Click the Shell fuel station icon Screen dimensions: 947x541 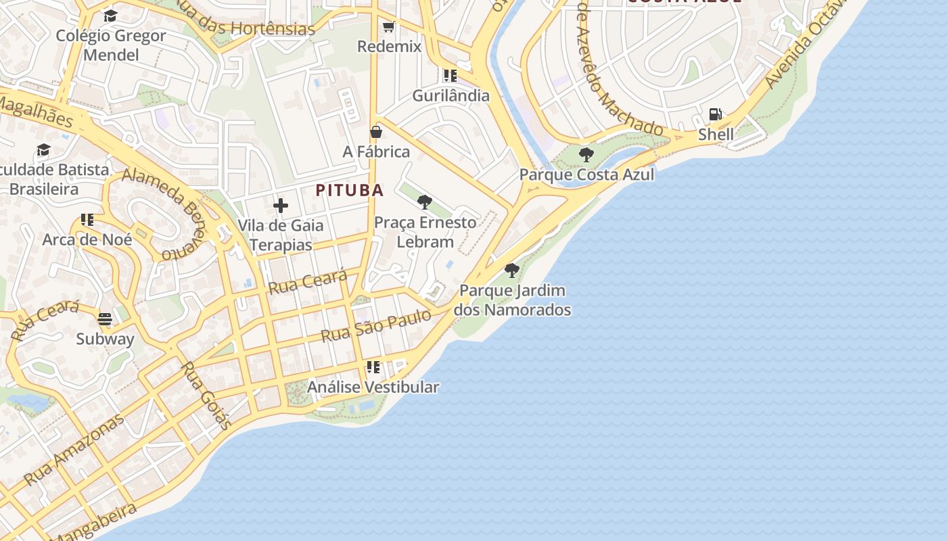coord(715,114)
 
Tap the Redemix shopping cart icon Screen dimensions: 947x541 coord(388,27)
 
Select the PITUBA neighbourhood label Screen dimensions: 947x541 coord(350,190)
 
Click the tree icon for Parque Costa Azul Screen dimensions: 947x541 coord(586,155)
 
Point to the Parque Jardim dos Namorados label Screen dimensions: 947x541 coord(512,300)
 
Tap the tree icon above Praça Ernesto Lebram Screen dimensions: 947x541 coord(425,202)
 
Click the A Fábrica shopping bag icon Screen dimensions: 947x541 coord(376,132)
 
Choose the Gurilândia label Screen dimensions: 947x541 coord(451,95)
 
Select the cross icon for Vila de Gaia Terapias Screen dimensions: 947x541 coord(281,206)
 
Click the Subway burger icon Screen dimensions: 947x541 coord(105,319)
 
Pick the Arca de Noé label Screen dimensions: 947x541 coord(87,239)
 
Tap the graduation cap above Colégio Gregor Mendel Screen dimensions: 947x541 coord(111,16)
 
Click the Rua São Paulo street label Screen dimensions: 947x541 coord(376,325)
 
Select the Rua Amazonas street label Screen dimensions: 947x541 coord(74,449)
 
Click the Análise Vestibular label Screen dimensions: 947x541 coord(373,387)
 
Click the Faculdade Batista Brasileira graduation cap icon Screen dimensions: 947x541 coord(44,150)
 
